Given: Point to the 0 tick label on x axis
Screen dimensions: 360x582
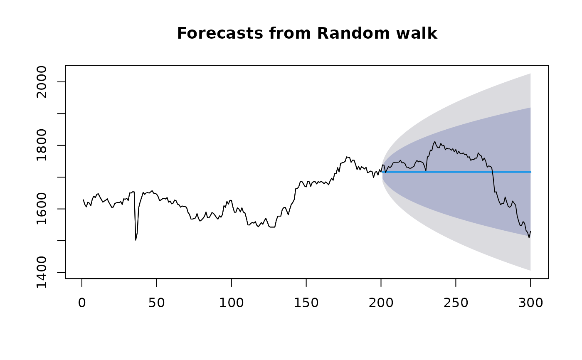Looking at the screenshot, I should coord(82,303).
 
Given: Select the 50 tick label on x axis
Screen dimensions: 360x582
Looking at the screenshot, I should coord(156,303).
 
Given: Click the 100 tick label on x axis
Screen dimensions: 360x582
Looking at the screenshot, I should coord(231,303).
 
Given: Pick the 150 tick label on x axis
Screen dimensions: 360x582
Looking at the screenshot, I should coord(306,303).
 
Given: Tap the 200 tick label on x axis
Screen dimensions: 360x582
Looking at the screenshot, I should coord(381,303).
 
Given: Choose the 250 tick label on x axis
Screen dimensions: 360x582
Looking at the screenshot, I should coord(456,303).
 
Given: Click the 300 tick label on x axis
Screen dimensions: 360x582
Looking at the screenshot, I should coord(530,303).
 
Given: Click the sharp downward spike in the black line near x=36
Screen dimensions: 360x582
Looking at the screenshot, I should coord(136,240).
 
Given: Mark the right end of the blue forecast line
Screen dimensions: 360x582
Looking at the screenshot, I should coord(530,172).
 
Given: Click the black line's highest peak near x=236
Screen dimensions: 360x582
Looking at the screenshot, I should coord(435,141).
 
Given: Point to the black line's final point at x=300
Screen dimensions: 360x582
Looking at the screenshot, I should coord(530,231).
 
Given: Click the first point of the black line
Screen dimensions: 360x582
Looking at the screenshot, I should coord(83,200).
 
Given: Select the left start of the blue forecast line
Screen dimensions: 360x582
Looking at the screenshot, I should coord(382,172).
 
